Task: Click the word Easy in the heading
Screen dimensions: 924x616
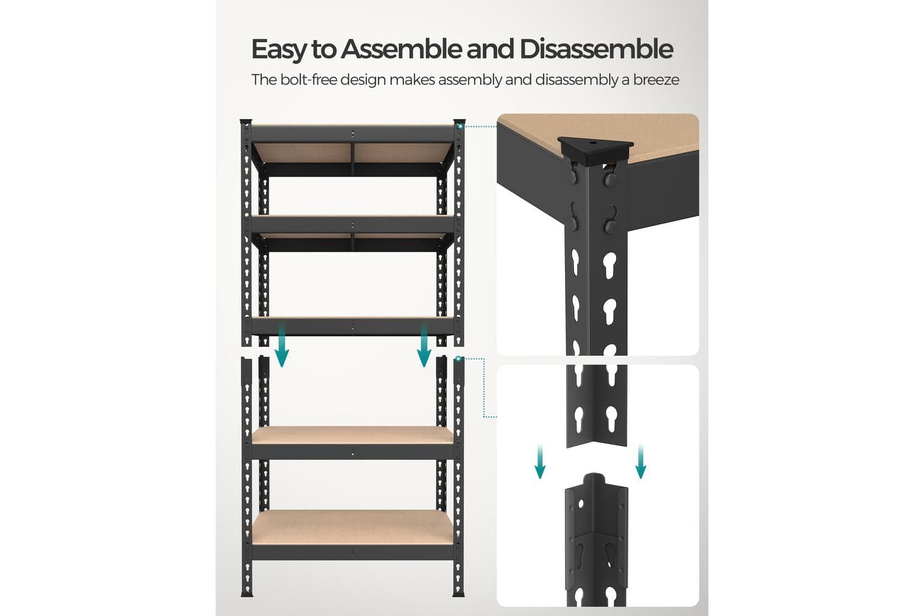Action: coord(279,50)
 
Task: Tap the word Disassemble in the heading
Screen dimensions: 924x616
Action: coord(596,49)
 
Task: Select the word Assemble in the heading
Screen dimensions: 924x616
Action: coord(400,49)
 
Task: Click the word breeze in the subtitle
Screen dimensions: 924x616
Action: coord(656,79)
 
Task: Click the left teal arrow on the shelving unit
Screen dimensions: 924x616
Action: coord(282,346)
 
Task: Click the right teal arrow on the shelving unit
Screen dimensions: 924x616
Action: coord(424,346)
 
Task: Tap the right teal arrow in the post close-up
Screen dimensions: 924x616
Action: coord(641,461)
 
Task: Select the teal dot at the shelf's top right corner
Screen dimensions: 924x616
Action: coord(459,126)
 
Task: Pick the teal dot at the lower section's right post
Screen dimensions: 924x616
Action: coord(458,359)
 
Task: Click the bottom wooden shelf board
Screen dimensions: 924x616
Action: coord(353,527)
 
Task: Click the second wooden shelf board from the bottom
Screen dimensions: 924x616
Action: coord(353,436)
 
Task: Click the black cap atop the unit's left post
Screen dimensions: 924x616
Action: coord(246,121)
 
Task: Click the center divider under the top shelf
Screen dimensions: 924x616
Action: coord(352,160)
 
